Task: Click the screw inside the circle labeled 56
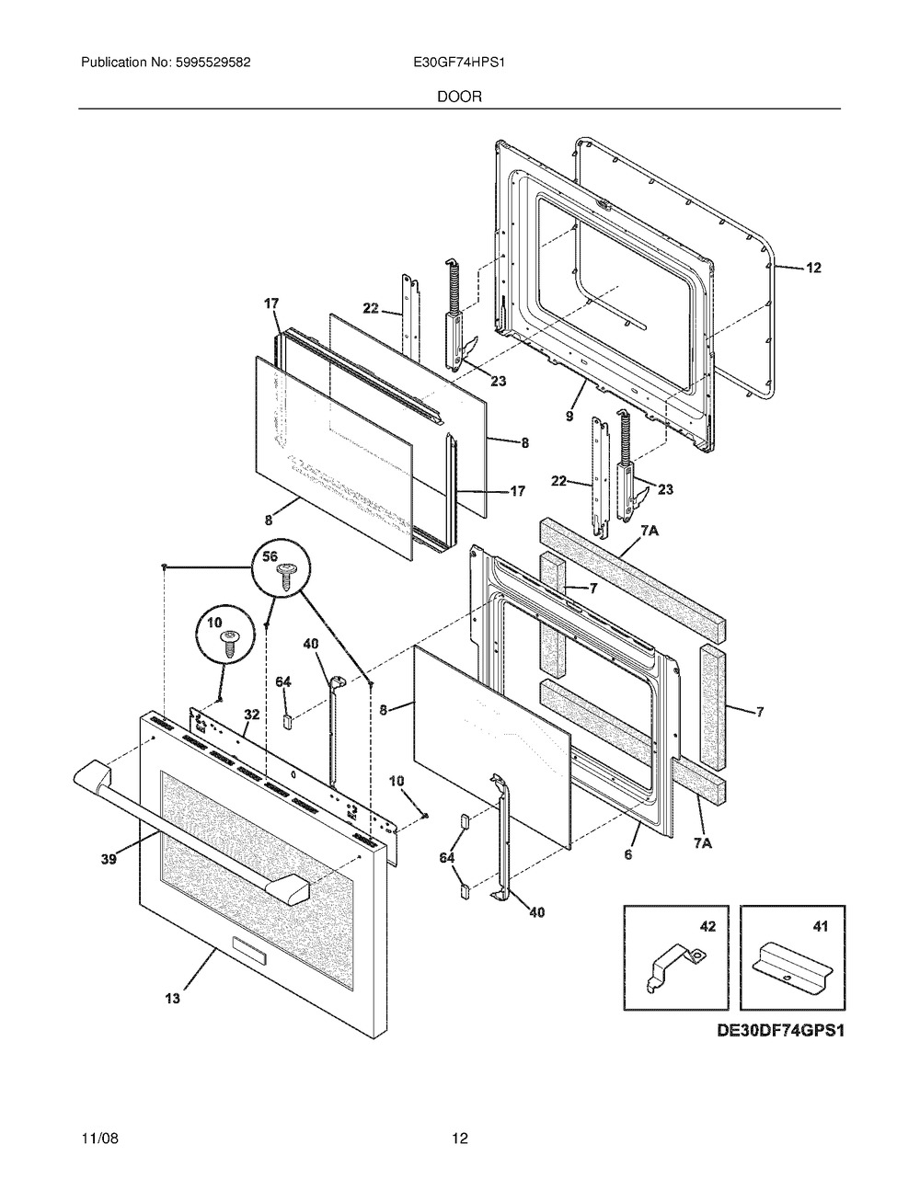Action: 285,578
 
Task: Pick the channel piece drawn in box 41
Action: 792,967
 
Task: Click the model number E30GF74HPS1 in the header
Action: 459,63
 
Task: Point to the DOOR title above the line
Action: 459,97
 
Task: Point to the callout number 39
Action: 109,859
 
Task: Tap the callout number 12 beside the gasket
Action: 814,268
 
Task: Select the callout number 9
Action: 569,417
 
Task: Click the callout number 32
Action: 252,715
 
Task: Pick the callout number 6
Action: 628,854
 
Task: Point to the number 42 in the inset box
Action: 707,926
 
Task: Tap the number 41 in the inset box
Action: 820,926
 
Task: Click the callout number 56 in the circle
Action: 270,556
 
